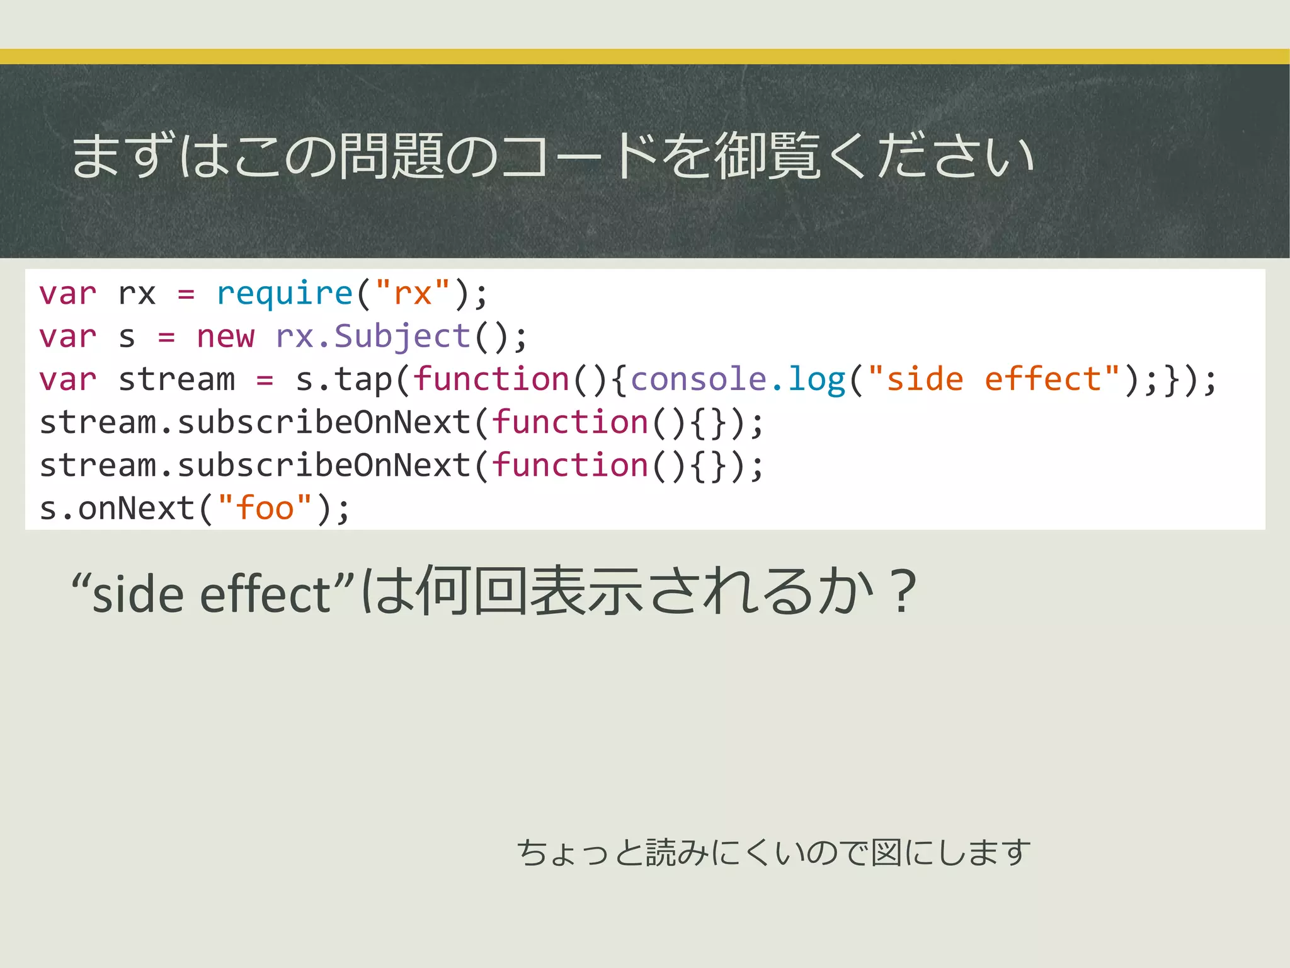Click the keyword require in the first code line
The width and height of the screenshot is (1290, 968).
(x=284, y=294)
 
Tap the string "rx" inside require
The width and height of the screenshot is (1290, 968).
(x=413, y=294)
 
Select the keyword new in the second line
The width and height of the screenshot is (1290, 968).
(x=225, y=337)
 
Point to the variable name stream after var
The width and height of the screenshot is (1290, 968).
(x=176, y=379)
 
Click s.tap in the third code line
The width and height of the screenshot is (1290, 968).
(x=344, y=379)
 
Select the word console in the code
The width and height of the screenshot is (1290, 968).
(x=699, y=379)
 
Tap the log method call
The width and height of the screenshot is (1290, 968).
(x=816, y=379)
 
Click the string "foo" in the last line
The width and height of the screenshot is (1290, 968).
(x=265, y=509)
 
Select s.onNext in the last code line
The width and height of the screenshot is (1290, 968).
(x=117, y=509)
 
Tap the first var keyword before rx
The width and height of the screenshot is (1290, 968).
(x=68, y=294)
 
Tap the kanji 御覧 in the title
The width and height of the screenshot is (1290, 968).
(x=768, y=156)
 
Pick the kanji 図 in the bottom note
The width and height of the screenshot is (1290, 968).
(x=886, y=853)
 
